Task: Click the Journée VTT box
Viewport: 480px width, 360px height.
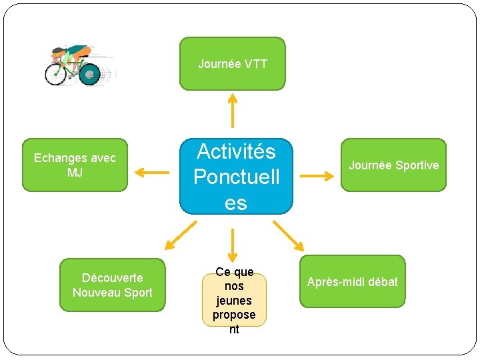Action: (232, 63)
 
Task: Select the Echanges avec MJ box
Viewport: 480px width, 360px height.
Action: (75, 165)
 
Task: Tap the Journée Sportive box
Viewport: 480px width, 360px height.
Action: (393, 165)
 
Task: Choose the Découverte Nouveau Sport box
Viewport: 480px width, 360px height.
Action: (112, 285)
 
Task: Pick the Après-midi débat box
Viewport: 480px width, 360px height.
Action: (352, 281)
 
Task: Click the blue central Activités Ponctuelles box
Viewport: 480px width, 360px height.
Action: (236, 177)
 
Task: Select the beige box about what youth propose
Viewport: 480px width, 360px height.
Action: (234, 300)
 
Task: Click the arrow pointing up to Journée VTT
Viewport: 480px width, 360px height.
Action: (233, 109)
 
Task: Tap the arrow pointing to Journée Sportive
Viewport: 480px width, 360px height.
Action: (317, 176)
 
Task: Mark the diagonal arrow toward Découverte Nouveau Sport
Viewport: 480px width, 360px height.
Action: (181, 234)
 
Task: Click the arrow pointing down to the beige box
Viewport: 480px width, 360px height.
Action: (233, 245)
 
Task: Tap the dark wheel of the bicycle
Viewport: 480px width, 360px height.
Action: (89, 74)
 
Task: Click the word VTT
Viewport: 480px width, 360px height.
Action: (256, 64)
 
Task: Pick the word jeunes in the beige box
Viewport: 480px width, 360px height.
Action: (234, 301)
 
